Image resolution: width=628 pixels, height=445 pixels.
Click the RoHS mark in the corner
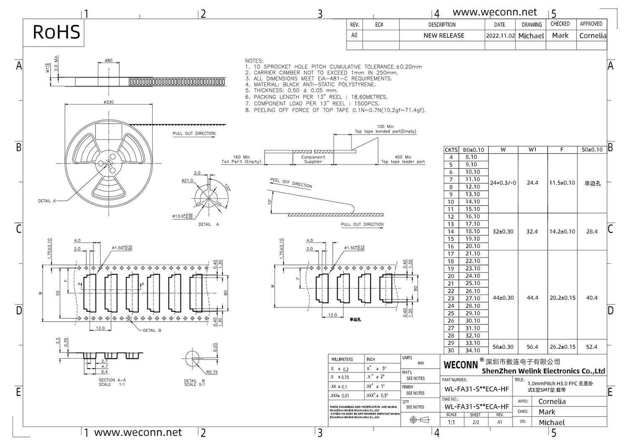(x=56, y=32)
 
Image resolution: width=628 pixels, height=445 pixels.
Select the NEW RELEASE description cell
(x=444, y=36)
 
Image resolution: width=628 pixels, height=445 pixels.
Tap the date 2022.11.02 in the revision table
(x=500, y=36)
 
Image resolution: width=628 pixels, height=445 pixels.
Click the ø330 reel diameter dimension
(x=108, y=102)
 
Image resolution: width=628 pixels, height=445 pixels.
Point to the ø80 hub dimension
(x=108, y=60)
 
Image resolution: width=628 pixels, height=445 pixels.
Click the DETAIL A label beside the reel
(x=47, y=201)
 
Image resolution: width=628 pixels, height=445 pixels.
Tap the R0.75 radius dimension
(x=212, y=372)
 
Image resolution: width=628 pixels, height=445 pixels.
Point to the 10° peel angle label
(x=270, y=201)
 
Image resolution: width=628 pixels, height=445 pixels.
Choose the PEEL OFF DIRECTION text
(x=291, y=183)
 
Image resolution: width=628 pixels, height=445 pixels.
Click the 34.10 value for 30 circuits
(x=473, y=351)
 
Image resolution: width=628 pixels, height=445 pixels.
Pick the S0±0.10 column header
(x=592, y=150)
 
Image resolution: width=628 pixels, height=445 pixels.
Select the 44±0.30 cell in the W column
(x=503, y=298)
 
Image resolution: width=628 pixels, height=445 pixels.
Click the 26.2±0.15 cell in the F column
(x=562, y=347)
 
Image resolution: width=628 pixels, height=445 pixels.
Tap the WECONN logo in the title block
(x=461, y=365)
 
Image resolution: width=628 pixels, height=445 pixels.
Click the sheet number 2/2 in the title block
(x=476, y=422)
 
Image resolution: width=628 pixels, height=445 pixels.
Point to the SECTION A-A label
(x=112, y=380)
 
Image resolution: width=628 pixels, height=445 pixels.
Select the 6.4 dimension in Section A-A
(x=104, y=372)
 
